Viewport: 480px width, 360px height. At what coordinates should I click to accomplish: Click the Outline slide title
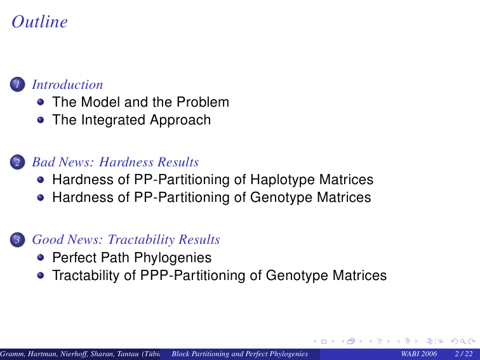(x=39, y=22)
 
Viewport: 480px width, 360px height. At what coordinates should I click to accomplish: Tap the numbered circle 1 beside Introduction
(x=17, y=84)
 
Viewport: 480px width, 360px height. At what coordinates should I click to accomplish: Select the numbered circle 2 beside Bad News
(x=17, y=162)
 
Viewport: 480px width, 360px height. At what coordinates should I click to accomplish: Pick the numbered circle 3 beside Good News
(x=17, y=239)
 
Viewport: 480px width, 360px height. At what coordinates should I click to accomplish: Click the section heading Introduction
(x=67, y=84)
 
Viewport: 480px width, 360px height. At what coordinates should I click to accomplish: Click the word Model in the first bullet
(x=101, y=102)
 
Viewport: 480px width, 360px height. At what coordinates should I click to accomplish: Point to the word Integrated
(x=113, y=120)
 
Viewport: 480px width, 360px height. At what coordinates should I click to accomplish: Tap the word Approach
(x=180, y=120)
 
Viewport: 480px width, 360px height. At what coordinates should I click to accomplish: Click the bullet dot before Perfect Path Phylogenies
(x=41, y=257)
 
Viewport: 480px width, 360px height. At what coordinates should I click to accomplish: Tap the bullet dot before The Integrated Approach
(x=41, y=119)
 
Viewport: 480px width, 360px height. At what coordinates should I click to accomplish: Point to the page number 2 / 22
(x=463, y=354)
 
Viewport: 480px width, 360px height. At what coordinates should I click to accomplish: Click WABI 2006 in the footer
(x=418, y=354)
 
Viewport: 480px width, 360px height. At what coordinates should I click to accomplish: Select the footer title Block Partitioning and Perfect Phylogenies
(x=240, y=354)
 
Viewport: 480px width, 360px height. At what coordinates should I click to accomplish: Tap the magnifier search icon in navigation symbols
(x=463, y=342)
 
